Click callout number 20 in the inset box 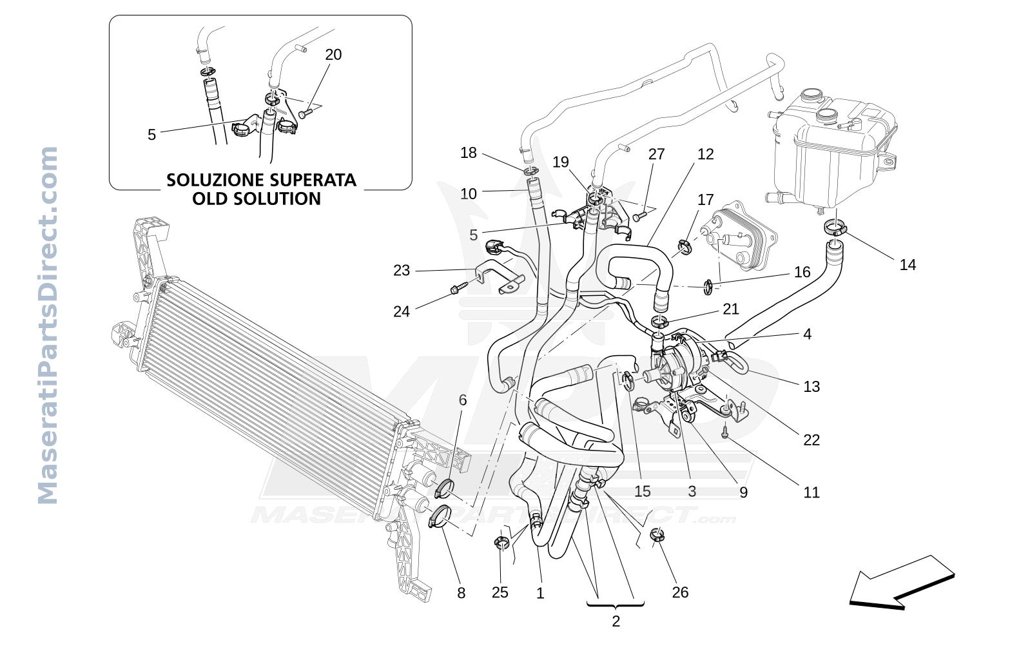[x=333, y=55]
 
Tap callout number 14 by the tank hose [x=908, y=265]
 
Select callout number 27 [x=656, y=154]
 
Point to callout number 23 [x=402, y=270]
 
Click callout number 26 [x=680, y=592]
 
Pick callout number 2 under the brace [x=616, y=621]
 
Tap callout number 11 [x=811, y=493]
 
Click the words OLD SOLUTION [x=257, y=199]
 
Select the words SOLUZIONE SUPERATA [x=261, y=180]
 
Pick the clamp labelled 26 [x=657, y=535]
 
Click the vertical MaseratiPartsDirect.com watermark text [x=47, y=325]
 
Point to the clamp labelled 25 [x=501, y=543]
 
